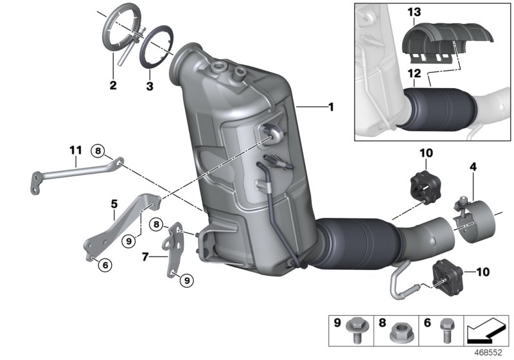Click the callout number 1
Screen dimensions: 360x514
click(331, 107)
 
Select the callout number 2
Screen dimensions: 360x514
click(113, 84)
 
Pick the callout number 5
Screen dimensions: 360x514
click(114, 204)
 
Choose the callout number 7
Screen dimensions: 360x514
click(146, 256)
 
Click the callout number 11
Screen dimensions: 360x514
click(75, 150)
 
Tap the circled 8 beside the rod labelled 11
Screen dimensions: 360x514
click(98, 151)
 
